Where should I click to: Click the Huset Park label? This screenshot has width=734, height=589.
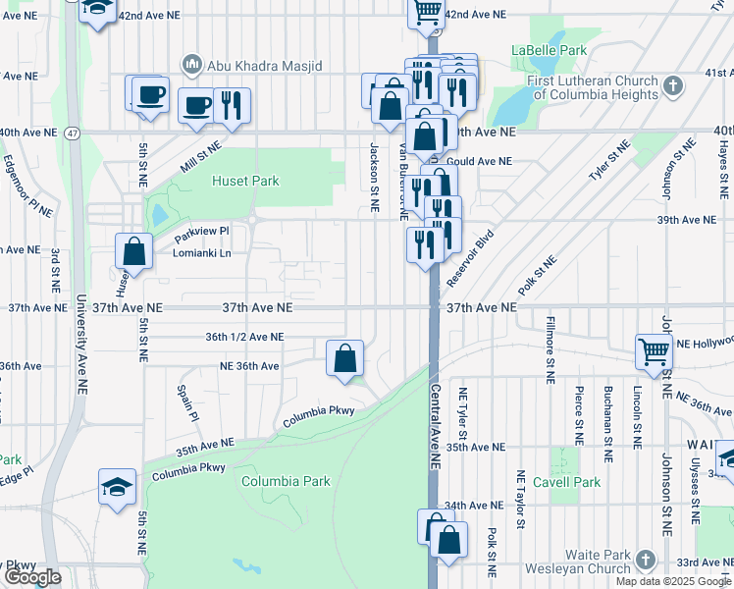tap(246, 181)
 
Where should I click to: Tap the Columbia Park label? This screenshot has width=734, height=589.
tap(286, 481)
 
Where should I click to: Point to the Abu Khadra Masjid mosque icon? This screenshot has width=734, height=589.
tap(191, 65)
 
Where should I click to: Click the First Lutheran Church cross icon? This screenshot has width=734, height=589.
tap(672, 86)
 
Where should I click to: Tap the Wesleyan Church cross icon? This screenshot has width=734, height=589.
tap(645, 560)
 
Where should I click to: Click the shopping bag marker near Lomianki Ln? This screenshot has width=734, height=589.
tap(133, 250)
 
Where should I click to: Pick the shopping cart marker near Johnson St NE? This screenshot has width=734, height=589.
tap(654, 350)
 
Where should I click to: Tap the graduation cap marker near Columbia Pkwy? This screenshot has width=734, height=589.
tap(116, 486)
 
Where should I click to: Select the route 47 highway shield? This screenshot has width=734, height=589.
tap(73, 132)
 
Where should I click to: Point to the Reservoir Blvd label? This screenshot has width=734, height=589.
tap(469, 259)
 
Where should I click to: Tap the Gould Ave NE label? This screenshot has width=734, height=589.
tap(479, 161)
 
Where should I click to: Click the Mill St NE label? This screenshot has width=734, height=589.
tap(200, 153)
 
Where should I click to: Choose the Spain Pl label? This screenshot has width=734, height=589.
tap(187, 403)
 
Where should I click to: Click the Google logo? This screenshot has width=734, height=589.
tap(32, 578)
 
